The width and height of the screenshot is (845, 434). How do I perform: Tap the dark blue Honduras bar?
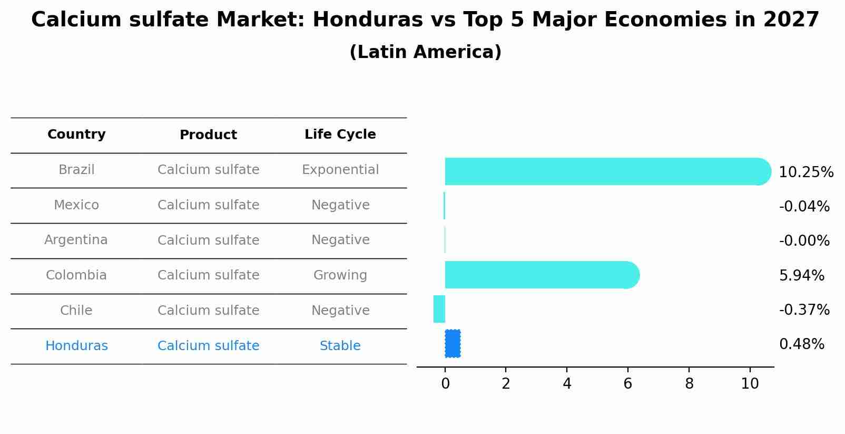[x=453, y=344]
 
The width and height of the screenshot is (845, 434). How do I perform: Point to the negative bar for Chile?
[x=439, y=309]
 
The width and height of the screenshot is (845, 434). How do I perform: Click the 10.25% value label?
[x=805, y=172]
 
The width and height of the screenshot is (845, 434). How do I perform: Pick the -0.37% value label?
[x=804, y=310]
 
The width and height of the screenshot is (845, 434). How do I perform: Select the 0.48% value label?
[x=801, y=344]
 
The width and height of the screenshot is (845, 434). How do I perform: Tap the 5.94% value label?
[x=801, y=275]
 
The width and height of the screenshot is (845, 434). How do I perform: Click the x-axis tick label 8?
[x=689, y=384]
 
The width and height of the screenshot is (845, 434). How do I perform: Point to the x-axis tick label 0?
[x=445, y=384]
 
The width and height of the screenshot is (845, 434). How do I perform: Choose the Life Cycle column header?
[x=340, y=134]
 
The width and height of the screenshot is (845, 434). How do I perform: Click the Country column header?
[x=76, y=134]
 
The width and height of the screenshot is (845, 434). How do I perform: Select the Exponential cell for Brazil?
[x=340, y=170]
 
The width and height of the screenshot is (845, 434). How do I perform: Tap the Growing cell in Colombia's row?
[x=340, y=275]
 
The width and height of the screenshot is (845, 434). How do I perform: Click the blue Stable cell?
[x=340, y=346]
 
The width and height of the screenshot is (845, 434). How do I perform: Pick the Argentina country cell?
[x=76, y=240]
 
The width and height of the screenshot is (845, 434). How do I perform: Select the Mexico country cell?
[x=76, y=205]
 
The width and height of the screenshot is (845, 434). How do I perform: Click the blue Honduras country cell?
[x=76, y=346]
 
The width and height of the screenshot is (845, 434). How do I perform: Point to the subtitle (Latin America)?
[x=425, y=52]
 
